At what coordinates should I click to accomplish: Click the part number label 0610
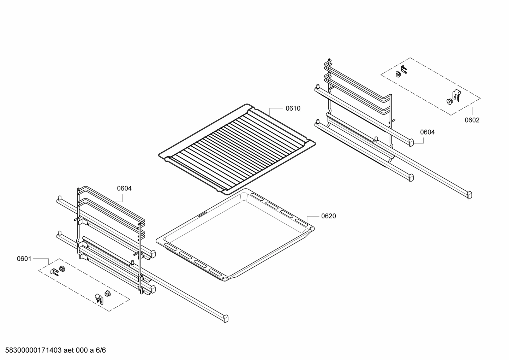[x=293, y=108]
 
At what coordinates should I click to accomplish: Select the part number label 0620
[x=328, y=216]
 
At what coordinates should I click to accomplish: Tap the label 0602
[x=472, y=120]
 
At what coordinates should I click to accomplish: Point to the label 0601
[x=24, y=259]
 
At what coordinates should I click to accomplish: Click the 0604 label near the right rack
[x=427, y=132]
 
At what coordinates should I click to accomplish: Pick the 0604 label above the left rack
[x=124, y=188]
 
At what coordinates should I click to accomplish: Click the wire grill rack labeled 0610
[x=236, y=148]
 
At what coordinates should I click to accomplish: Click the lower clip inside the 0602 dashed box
[x=453, y=98]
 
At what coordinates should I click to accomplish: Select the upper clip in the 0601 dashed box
[x=59, y=270]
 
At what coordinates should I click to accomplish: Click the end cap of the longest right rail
[x=469, y=195]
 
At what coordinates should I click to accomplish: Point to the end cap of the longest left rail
[x=224, y=319]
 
